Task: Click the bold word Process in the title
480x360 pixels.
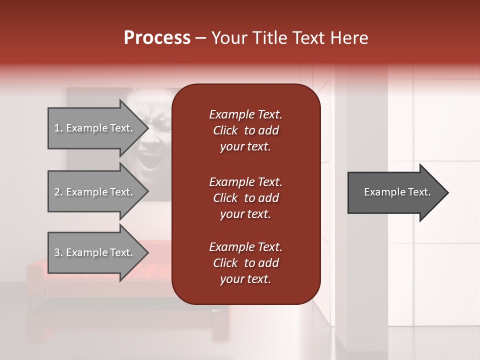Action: tap(157, 38)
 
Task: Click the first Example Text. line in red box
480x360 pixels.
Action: tap(245, 114)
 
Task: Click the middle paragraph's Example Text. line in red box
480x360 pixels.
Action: tap(245, 182)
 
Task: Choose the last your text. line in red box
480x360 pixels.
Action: tap(245, 279)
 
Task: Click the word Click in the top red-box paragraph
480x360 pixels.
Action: tap(225, 130)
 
